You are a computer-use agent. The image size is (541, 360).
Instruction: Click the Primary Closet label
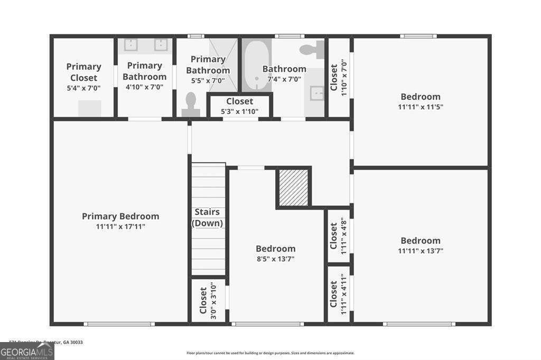coord(83,72)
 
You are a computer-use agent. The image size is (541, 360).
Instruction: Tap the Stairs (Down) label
coord(207,217)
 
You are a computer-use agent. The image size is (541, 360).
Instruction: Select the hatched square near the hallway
coord(293,187)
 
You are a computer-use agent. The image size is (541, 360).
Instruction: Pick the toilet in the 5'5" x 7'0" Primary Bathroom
coord(191,104)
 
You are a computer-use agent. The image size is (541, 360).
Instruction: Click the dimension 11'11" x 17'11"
coord(120,226)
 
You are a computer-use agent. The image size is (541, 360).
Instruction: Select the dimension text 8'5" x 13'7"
coord(275,259)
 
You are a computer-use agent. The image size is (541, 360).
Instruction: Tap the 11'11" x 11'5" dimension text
coord(420,107)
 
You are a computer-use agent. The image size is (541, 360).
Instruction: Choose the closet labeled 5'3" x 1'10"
coord(239,106)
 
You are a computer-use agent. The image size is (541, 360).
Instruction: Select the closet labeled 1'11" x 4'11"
coord(338,294)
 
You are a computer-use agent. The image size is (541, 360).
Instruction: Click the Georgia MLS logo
coord(27,352)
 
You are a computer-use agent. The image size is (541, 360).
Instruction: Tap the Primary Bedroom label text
coord(120,216)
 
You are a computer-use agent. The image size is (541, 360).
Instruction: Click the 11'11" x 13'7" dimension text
coord(420,251)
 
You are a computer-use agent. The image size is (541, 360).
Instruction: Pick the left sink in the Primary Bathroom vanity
coord(131,45)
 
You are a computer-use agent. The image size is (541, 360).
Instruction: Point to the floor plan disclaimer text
coord(270,353)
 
